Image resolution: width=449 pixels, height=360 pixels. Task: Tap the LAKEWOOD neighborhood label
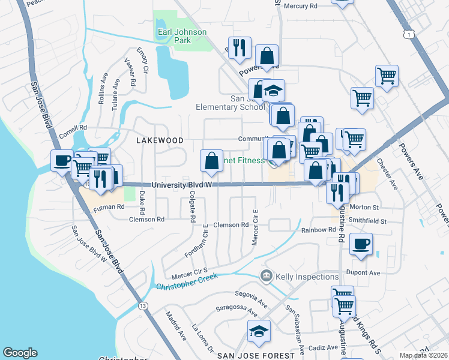click(160, 140)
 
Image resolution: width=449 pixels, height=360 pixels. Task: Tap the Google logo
click(20, 353)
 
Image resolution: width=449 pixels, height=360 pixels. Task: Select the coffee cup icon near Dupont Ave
click(362, 244)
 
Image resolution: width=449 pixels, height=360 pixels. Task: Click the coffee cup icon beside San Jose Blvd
click(62, 160)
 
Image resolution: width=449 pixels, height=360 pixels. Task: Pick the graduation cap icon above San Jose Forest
click(259, 331)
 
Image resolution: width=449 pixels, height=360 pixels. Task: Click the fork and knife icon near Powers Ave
click(240, 47)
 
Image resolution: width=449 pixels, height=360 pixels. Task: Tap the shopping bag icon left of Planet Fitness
click(211, 160)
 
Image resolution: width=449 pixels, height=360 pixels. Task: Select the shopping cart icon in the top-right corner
click(387, 76)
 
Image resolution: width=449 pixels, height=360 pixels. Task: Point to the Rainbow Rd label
click(318, 230)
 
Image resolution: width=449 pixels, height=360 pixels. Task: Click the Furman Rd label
click(109, 206)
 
